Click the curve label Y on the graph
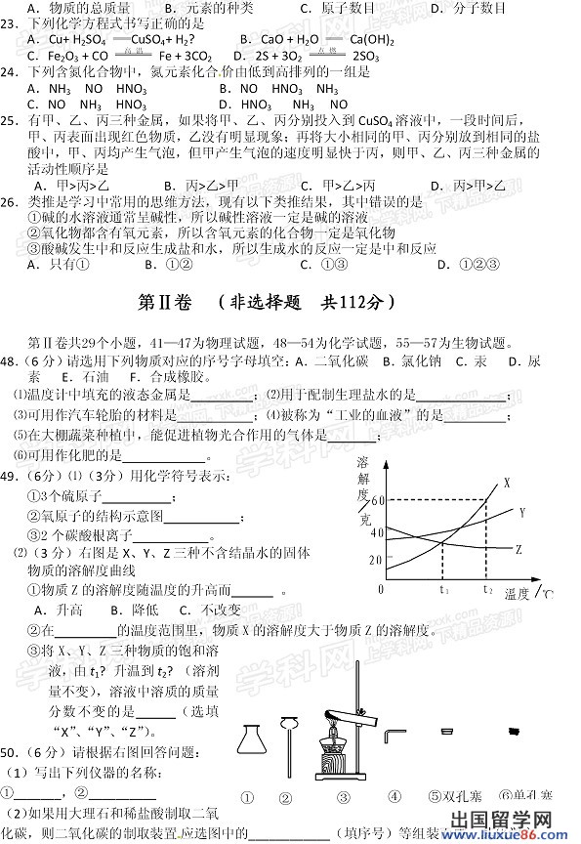tap(521, 512)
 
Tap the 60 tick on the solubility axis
tap(378, 500)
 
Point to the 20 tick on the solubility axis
tap(378, 559)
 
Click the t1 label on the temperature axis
tap(443, 590)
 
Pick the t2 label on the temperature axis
tap(486, 590)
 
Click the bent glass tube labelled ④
tap(394, 735)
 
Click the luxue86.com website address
tap(533, 835)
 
